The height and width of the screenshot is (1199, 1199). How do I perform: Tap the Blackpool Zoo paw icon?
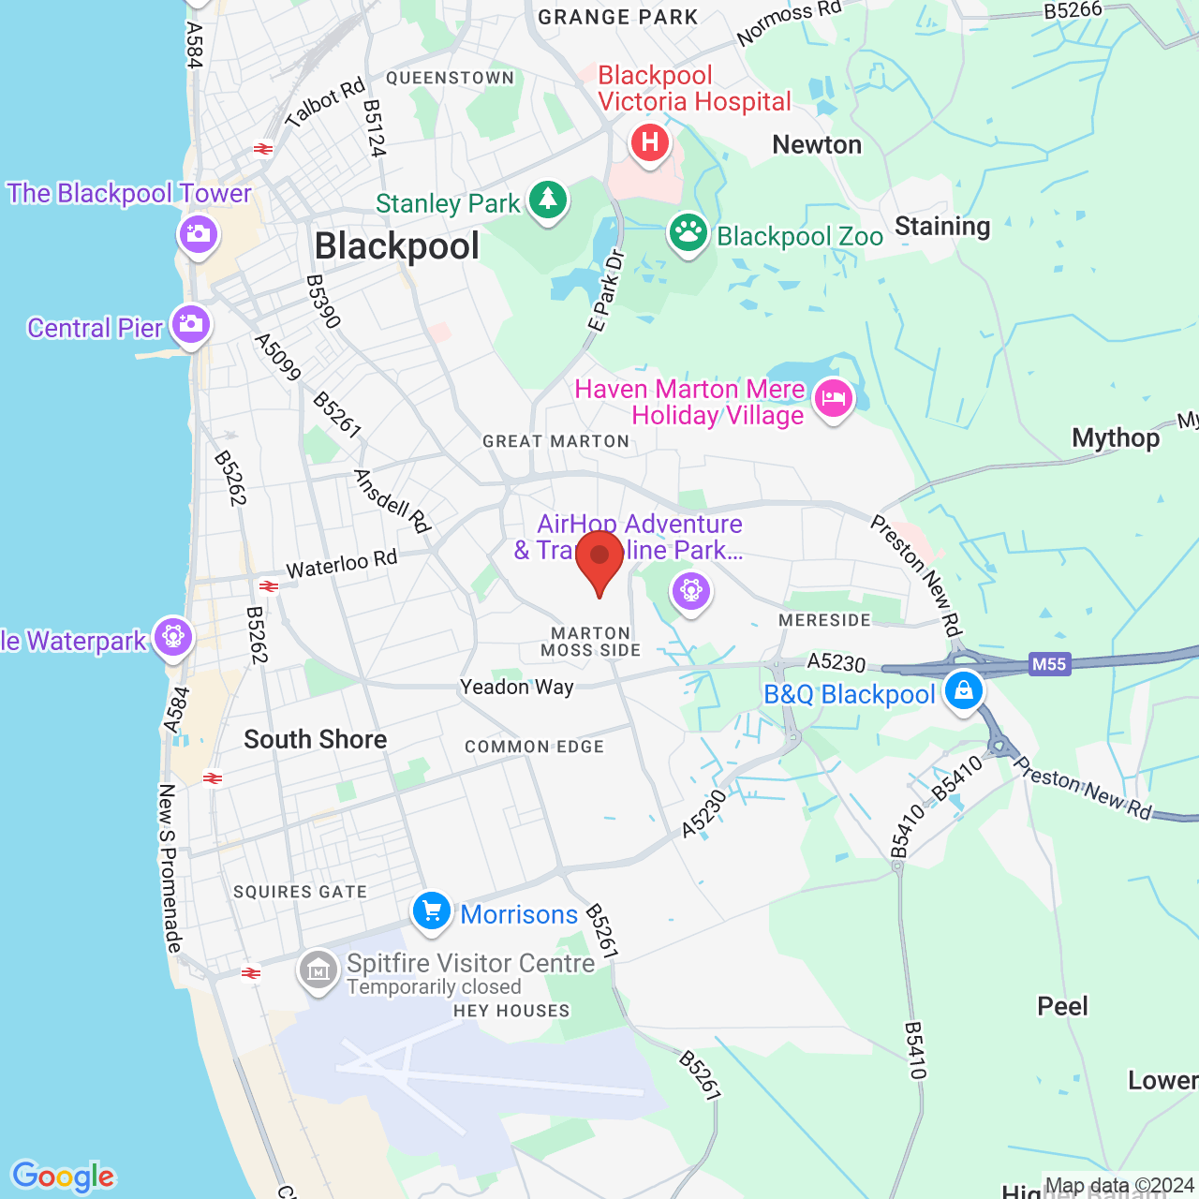[x=688, y=233]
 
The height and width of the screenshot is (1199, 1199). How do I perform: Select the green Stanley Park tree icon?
[x=548, y=200]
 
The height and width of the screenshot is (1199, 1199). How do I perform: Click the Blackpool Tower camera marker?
[x=198, y=233]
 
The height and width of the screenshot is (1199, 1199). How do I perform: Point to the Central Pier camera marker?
[x=191, y=325]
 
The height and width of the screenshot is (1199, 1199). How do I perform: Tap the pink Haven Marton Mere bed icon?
[x=833, y=400]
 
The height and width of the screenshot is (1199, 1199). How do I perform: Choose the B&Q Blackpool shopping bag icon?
[x=963, y=692]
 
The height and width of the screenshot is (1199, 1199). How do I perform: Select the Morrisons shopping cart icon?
[x=432, y=911]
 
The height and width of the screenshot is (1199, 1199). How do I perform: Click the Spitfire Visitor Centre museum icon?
[x=318, y=971]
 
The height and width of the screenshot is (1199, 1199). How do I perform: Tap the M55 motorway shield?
[x=1048, y=664]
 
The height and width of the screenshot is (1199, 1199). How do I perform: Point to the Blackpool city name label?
[x=397, y=246]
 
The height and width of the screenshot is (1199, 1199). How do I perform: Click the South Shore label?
[x=316, y=739]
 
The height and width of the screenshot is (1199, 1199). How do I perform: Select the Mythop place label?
[x=1116, y=437]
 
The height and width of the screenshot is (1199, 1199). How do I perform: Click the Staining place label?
[x=942, y=227]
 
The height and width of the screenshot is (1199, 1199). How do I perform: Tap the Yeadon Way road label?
[x=517, y=688]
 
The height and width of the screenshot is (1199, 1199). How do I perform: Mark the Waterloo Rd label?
[x=342, y=565]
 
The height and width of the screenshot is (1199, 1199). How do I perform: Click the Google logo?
[x=64, y=1177]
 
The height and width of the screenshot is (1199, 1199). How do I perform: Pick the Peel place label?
[x=1063, y=1006]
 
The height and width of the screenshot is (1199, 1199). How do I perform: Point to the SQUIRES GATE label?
[x=301, y=892]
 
